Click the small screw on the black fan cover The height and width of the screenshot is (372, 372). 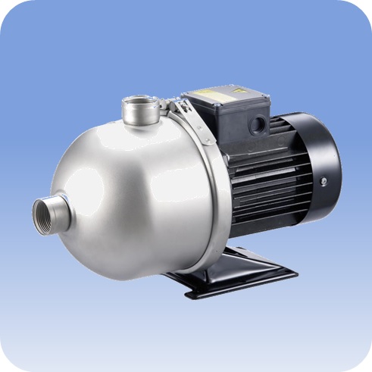(x=324, y=181)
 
